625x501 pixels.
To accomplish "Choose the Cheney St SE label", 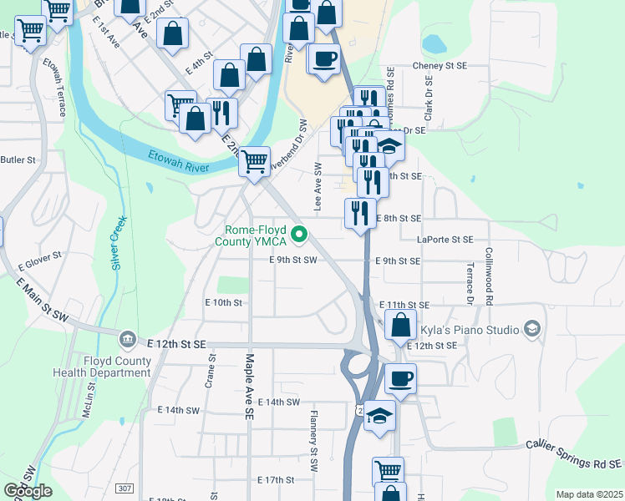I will point(443,67).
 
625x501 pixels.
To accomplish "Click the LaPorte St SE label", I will point(445,240).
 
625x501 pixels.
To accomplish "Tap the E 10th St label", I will point(223,302).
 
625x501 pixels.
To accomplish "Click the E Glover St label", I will point(40,260).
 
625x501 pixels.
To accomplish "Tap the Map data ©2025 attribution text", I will point(589,494).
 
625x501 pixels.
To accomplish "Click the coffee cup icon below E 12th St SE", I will point(399,378).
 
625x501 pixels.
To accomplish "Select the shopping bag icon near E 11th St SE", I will point(401,325).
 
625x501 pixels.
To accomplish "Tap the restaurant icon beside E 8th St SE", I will point(360,212).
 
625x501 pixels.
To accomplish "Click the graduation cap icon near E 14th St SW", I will point(380,416).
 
